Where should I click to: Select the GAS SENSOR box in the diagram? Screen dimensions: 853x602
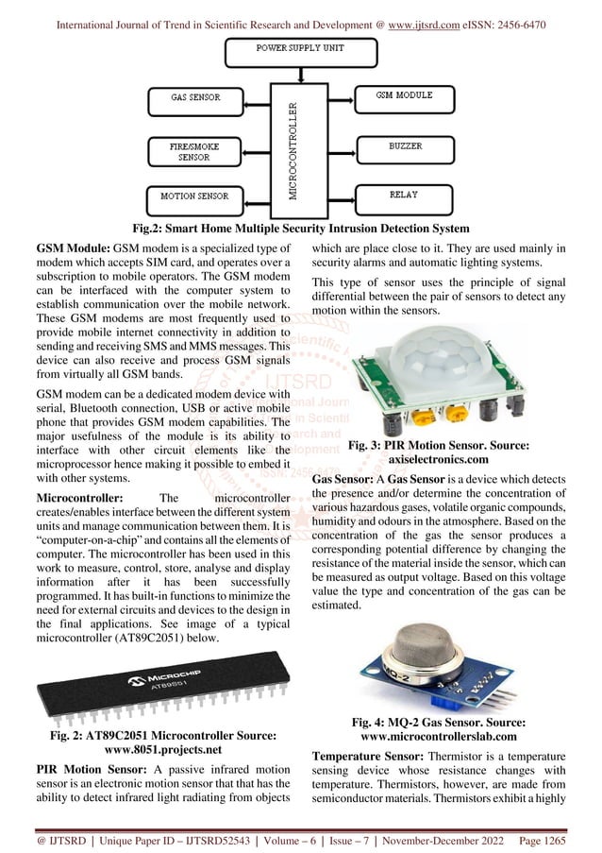(x=196, y=97)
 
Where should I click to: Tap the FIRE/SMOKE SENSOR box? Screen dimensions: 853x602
(x=196, y=151)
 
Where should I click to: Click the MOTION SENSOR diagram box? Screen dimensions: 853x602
(x=196, y=196)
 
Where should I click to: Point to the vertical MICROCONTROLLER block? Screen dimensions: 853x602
(x=293, y=147)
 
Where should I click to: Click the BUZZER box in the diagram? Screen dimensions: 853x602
(x=405, y=147)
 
